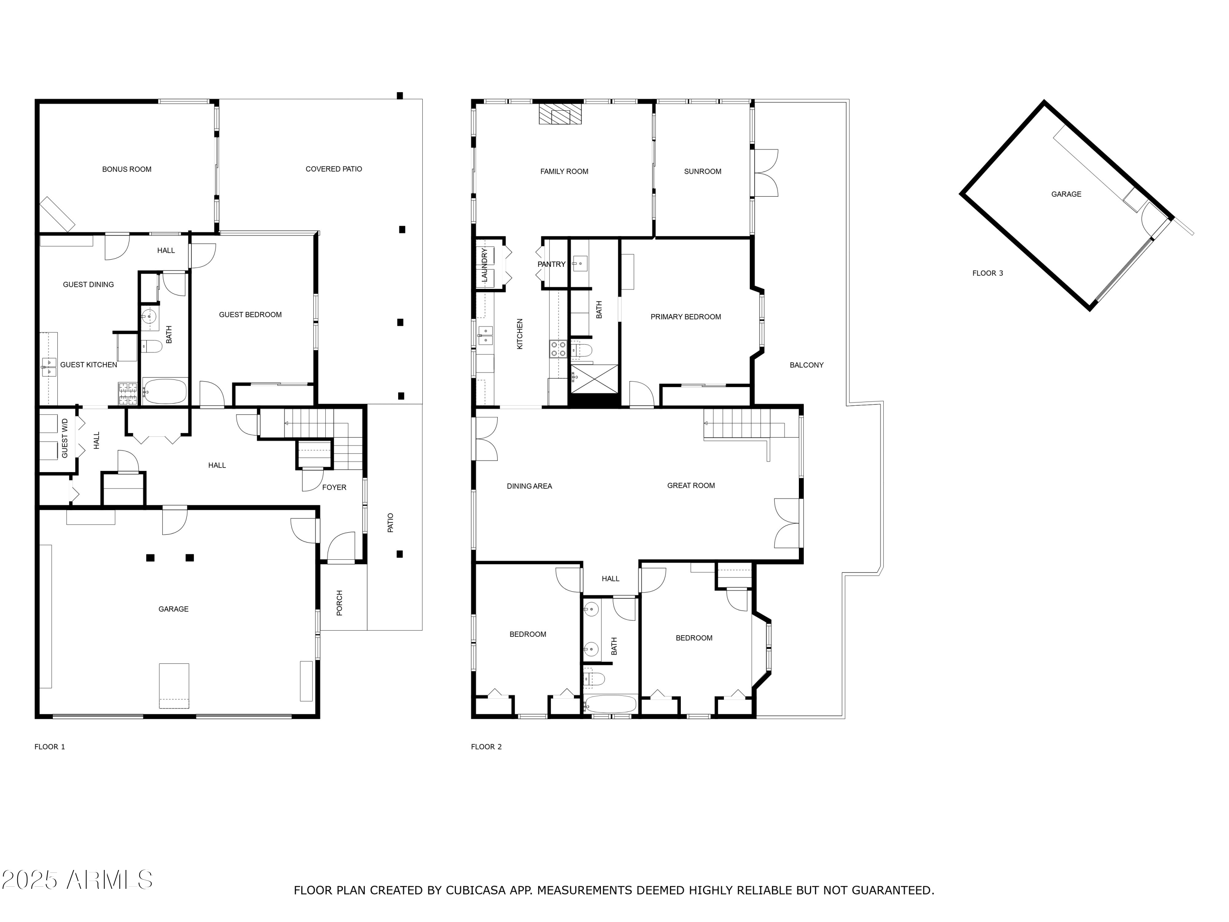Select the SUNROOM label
pyautogui.click(x=702, y=172)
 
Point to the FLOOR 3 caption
pyautogui.click(x=987, y=273)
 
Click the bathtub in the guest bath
pyautogui.click(x=165, y=392)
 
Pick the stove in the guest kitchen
pyautogui.click(x=127, y=393)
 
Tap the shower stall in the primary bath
pyautogui.click(x=594, y=379)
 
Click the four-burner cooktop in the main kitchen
pyautogui.click(x=558, y=349)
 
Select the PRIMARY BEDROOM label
pyautogui.click(x=686, y=317)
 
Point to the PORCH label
pyautogui.click(x=340, y=603)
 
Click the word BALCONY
pyautogui.click(x=806, y=365)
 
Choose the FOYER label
pyautogui.click(x=334, y=487)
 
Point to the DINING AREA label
pyautogui.click(x=529, y=486)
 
